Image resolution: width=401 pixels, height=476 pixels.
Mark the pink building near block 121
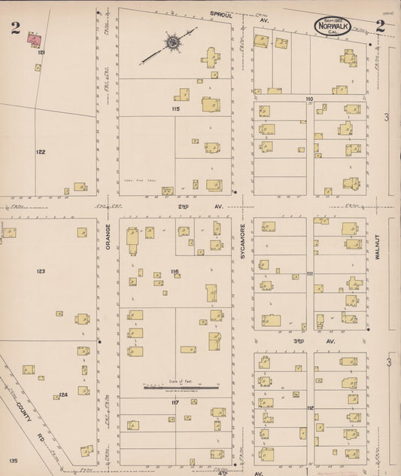click(34, 36)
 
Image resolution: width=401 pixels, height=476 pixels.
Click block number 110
click(308, 99)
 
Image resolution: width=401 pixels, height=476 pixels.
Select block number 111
click(309, 275)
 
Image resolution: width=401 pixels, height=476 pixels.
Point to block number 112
click(309, 408)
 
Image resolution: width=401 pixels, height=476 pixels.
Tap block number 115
click(175, 109)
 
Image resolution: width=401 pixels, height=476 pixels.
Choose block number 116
click(175, 271)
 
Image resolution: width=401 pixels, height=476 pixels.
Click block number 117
click(175, 402)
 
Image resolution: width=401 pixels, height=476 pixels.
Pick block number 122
click(41, 151)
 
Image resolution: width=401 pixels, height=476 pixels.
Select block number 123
click(41, 271)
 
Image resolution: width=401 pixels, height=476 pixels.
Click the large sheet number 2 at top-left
click(15, 29)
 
